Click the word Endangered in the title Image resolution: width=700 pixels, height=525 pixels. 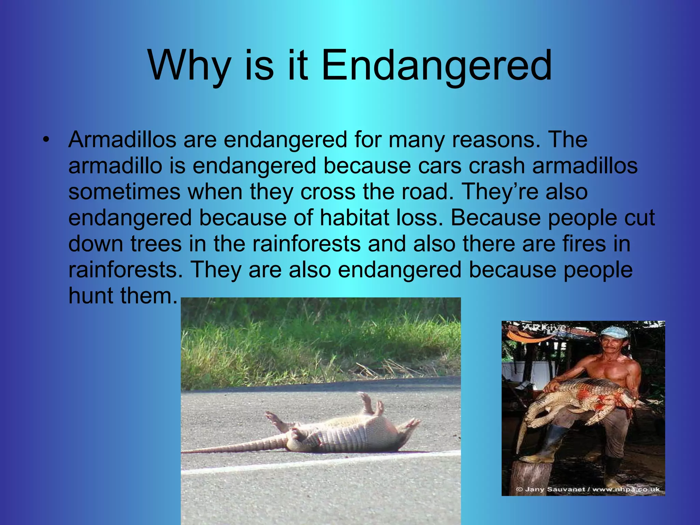[x=436, y=66]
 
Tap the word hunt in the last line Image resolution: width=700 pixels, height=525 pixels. [x=91, y=296]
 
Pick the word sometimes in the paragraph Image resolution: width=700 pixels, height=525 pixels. [x=124, y=192]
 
